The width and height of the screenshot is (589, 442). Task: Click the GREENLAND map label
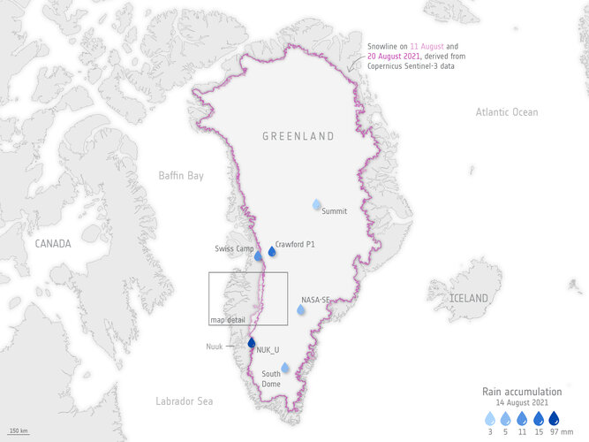298,136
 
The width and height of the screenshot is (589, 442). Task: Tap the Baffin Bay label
181,176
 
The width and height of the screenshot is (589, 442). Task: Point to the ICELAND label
468,299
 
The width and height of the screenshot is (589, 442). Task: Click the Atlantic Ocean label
506,112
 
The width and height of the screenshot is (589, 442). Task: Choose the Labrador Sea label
184,401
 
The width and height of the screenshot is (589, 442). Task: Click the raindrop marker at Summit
317,205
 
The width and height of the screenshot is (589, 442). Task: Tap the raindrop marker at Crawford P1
272,252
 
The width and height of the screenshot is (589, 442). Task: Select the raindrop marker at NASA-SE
301,309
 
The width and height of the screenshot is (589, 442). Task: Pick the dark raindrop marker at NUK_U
251,343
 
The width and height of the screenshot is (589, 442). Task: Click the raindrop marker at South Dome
284,368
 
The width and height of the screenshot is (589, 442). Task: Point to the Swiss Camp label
234,248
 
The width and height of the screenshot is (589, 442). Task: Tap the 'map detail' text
227,319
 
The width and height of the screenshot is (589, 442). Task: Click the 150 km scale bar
18,431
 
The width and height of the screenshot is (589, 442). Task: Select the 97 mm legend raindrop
554,418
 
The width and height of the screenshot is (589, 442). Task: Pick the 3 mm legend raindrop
490,418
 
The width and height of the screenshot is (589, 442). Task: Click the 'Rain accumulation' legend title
521,391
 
